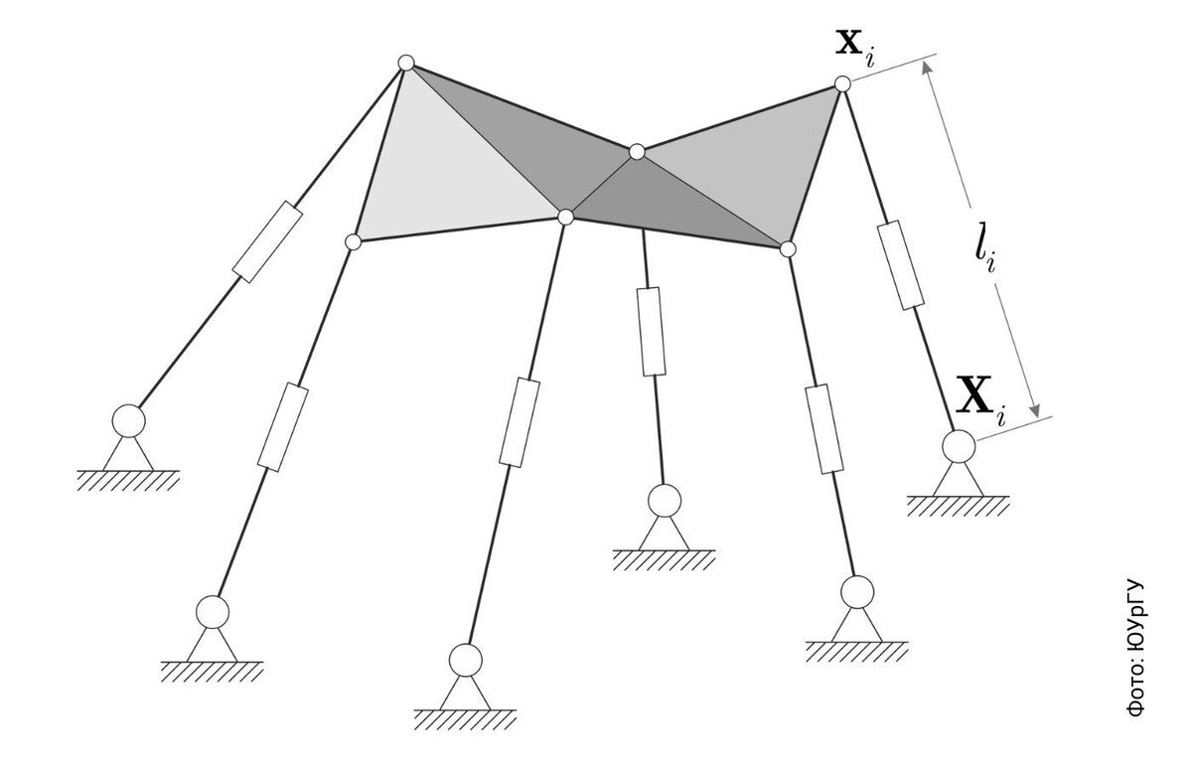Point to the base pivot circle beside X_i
(x=959, y=444)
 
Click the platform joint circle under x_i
(x=842, y=84)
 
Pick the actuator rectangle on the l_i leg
(x=902, y=264)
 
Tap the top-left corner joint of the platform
(x=405, y=63)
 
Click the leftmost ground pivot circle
(x=127, y=421)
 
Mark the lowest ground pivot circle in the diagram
(x=465, y=659)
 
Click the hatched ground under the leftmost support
(x=128, y=481)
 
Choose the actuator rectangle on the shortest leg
(x=652, y=332)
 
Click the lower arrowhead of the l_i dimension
(x=1036, y=410)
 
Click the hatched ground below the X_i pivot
(x=958, y=506)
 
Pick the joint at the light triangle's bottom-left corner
(x=353, y=241)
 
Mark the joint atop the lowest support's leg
(x=565, y=217)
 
